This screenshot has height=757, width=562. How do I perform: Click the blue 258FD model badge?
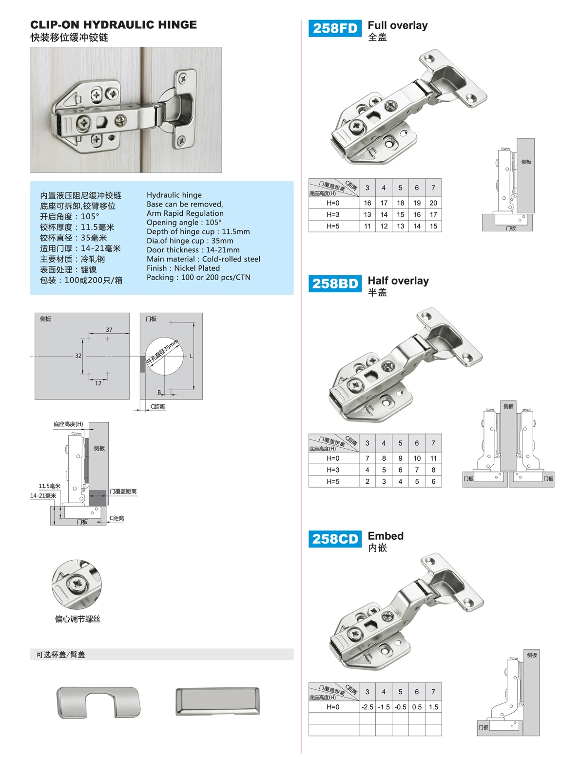(335, 28)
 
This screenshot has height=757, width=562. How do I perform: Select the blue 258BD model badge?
(335, 284)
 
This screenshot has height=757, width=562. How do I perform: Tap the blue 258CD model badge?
(335, 539)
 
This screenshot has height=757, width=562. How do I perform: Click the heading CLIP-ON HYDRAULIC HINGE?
(114, 25)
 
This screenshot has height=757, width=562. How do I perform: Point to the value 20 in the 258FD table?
(433, 203)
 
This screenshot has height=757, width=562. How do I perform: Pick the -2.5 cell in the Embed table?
(367, 707)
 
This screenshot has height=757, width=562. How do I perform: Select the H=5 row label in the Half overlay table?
(333, 481)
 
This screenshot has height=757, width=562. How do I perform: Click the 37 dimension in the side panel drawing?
(109, 330)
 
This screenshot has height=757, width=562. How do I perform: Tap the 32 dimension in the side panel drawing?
(78, 356)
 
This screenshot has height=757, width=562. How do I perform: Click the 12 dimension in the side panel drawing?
(98, 383)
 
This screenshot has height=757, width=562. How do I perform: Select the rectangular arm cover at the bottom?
(217, 701)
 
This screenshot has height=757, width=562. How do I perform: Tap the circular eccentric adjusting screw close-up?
(77, 584)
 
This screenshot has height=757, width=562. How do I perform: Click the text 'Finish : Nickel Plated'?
(183, 268)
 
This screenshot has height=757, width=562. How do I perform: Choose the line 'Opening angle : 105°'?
(184, 223)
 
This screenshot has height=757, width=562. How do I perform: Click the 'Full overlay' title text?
(398, 25)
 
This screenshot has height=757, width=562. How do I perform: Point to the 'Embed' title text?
(386, 536)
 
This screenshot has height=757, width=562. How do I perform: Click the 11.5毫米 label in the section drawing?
(50, 486)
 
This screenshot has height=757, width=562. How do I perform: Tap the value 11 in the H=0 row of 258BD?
(433, 458)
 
